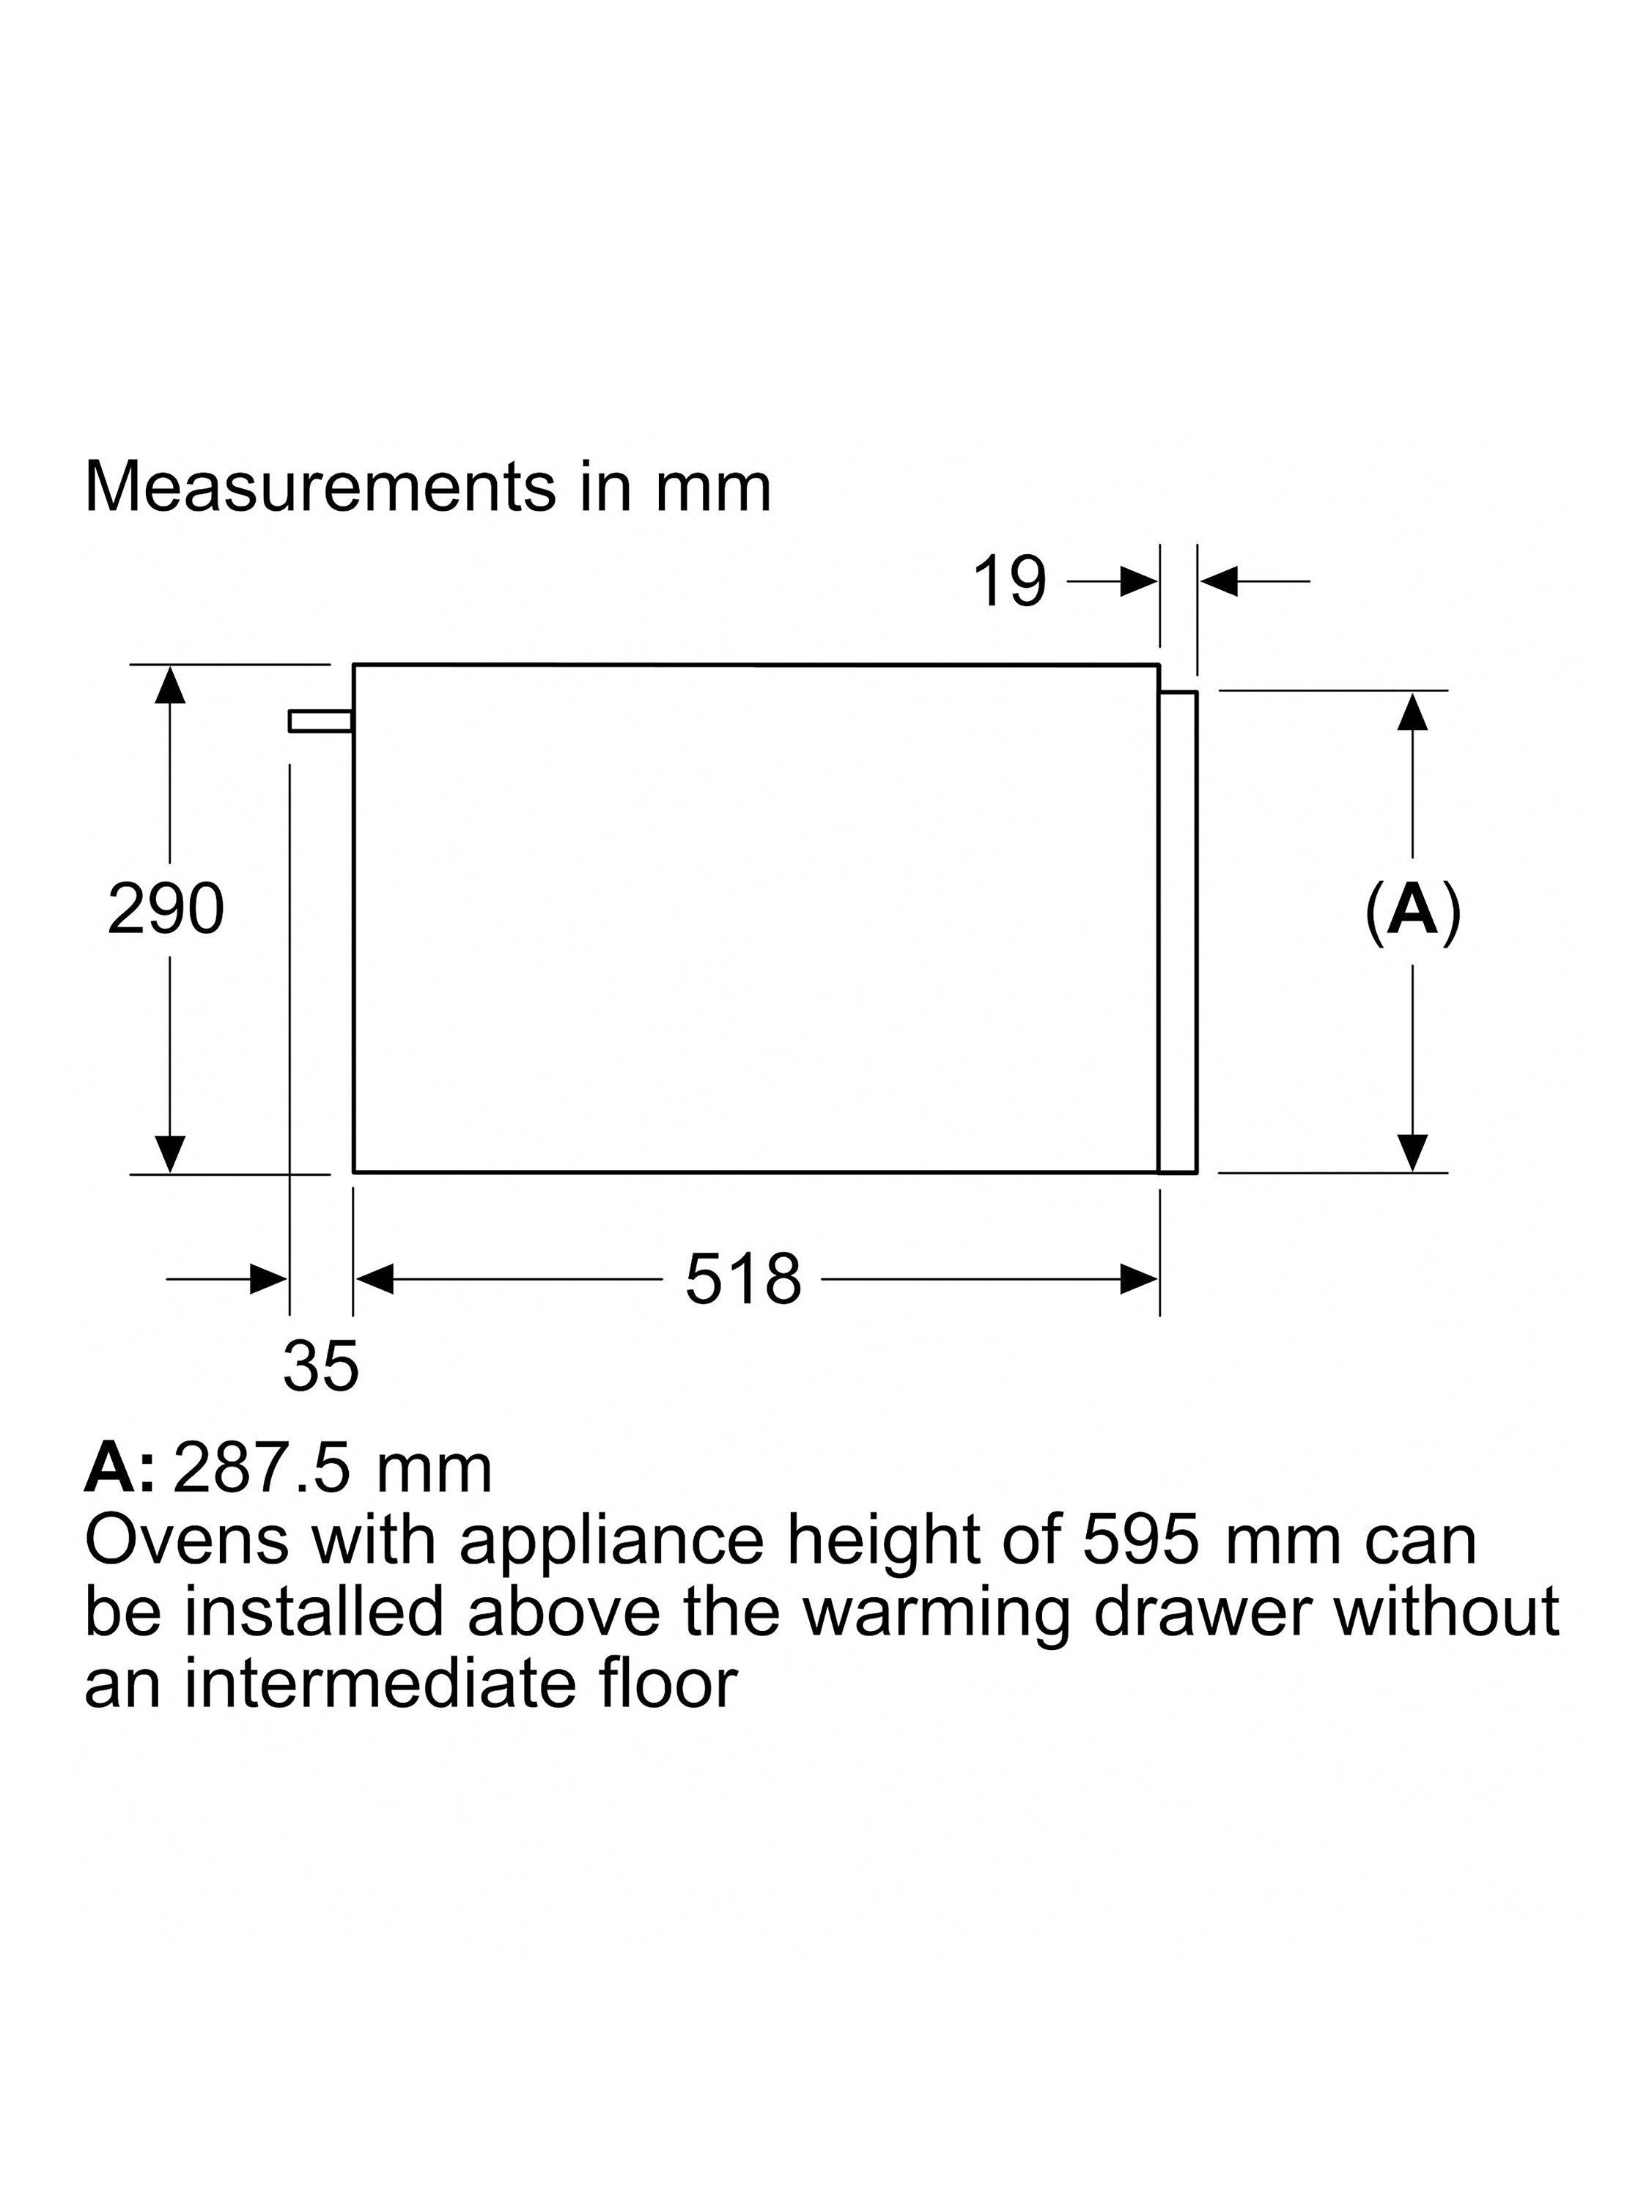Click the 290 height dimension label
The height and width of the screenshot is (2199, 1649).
[166, 909]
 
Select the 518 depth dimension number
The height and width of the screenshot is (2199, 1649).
[742, 1278]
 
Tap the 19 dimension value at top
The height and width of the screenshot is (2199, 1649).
[1009, 581]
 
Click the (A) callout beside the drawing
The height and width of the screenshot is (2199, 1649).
[1412, 909]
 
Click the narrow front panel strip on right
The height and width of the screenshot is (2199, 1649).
[1178, 932]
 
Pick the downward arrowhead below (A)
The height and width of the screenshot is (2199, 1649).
[1412, 1153]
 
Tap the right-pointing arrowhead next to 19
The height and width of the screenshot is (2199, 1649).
[1139, 581]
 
